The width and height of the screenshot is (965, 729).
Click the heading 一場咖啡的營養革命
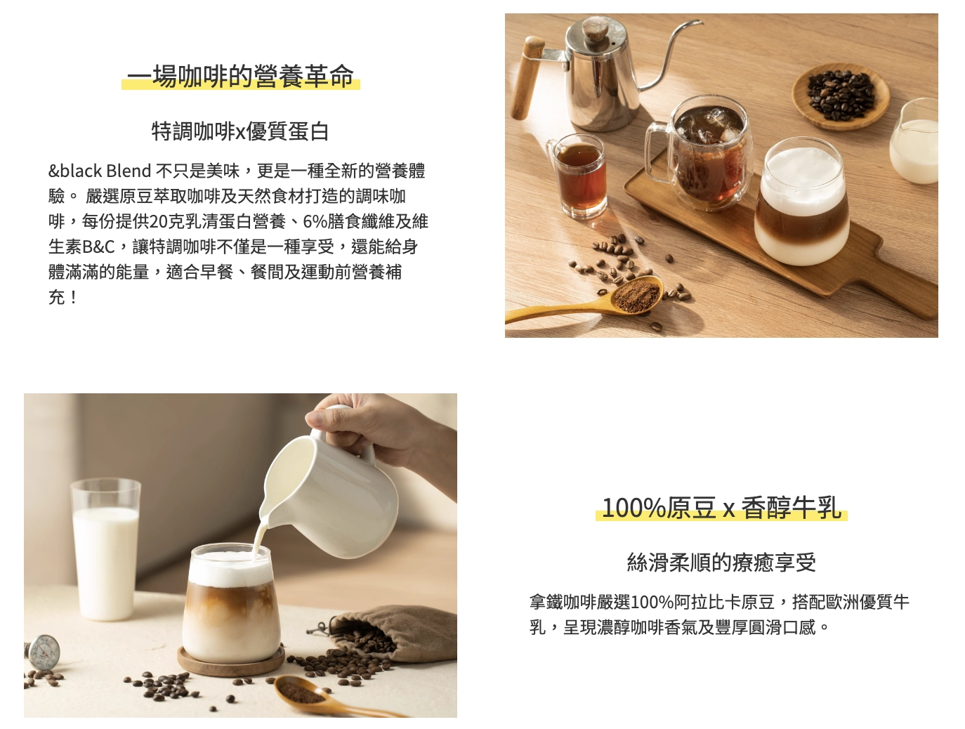click(x=240, y=77)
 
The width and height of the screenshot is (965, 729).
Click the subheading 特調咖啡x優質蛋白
click(x=240, y=131)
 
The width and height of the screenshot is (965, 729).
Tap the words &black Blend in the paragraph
click(x=100, y=171)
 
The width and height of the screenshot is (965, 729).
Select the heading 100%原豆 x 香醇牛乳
click(x=721, y=508)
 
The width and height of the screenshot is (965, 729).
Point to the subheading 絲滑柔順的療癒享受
click(x=721, y=563)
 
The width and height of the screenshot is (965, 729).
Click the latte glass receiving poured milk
click(x=230, y=604)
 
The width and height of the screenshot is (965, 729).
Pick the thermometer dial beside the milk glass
click(x=44, y=651)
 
